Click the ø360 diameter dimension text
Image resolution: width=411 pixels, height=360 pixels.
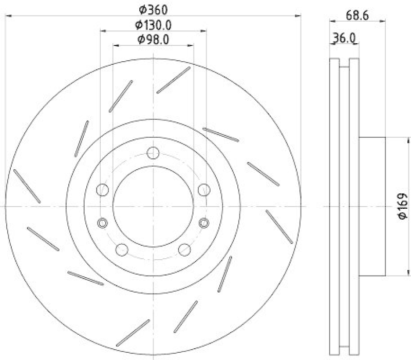click(154, 9)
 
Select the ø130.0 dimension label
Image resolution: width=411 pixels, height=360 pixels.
click(153, 24)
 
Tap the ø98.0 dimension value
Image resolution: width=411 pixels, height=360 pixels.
click(153, 39)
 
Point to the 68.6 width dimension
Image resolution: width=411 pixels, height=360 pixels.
click(358, 16)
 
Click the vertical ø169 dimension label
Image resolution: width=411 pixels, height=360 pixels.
click(402, 206)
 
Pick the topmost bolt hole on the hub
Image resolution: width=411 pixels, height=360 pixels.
click(153, 153)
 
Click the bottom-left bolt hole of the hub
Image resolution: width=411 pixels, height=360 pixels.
click(122, 249)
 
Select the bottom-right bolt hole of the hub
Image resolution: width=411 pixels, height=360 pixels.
click(184, 249)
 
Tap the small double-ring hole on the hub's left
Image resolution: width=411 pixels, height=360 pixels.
click(102, 222)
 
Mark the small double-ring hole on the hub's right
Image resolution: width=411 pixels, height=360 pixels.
click(204, 222)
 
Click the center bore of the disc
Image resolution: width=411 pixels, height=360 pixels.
click(153, 206)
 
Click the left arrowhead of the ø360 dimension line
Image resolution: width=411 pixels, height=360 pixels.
click(7, 16)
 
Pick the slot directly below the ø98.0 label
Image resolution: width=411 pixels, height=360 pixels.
click(173, 80)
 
